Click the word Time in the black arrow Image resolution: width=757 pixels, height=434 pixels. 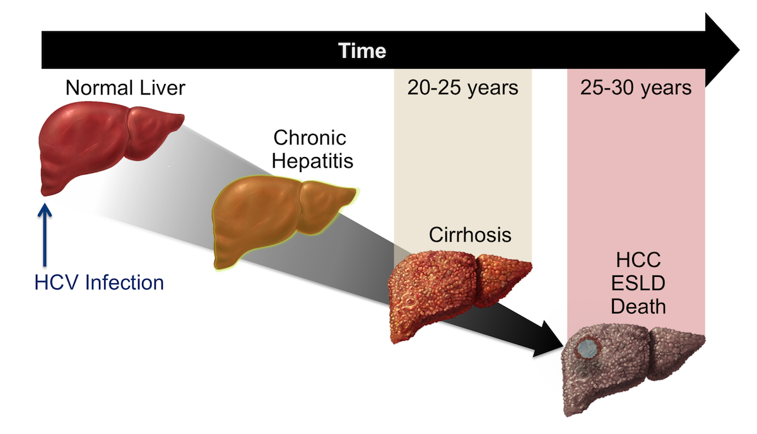click(362, 50)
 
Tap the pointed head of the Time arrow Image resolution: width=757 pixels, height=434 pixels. click(739, 50)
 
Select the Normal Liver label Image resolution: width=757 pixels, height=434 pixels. click(126, 88)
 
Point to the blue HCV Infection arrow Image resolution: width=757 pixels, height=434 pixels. click(45, 235)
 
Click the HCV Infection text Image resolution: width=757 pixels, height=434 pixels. click(99, 282)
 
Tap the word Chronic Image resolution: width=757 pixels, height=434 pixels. click(310, 138)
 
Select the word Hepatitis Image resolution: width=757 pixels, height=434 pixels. click(312, 160)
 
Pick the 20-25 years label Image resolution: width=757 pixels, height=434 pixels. click(462, 88)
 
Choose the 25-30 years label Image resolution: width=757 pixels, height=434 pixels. click(636, 88)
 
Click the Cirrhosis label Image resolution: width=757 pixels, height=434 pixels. click(470, 235)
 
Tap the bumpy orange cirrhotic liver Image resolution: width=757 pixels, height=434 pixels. click(456, 294)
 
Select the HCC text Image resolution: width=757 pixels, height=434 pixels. click(638, 260)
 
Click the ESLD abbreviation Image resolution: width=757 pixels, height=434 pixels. click(638, 283)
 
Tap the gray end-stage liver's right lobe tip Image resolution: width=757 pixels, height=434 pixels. click(704, 337)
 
